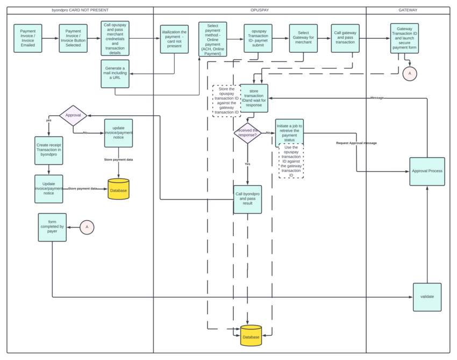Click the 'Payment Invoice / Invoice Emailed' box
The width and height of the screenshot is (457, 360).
(28, 38)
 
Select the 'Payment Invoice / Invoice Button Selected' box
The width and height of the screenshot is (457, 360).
(73, 38)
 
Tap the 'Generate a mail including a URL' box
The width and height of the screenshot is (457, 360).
(115, 74)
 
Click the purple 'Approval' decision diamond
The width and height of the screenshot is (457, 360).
(73, 116)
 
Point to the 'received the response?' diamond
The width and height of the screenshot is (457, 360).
(248, 133)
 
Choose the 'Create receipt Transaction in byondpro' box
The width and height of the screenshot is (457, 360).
(49, 150)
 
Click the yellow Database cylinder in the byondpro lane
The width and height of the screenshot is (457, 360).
(118, 189)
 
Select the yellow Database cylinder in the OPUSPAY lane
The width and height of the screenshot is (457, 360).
(251, 336)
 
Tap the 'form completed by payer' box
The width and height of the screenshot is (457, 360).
(52, 227)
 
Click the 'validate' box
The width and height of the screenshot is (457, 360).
(427, 297)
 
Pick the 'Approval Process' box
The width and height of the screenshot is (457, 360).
(427, 171)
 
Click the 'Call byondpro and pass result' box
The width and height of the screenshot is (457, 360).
(248, 199)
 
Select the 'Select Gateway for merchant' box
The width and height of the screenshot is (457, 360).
(303, 38)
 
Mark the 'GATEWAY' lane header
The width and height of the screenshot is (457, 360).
(408, 10)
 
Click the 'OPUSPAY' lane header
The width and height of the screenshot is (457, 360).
(260, 10)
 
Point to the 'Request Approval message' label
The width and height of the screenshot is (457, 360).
(356, 143)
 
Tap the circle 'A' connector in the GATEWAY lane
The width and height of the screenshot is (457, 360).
(410, 73)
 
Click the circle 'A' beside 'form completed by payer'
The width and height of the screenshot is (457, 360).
(87, 227)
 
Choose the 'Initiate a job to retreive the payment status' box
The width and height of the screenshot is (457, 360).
(289, 133)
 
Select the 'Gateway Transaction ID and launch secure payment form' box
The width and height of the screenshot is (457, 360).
(404, 38)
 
